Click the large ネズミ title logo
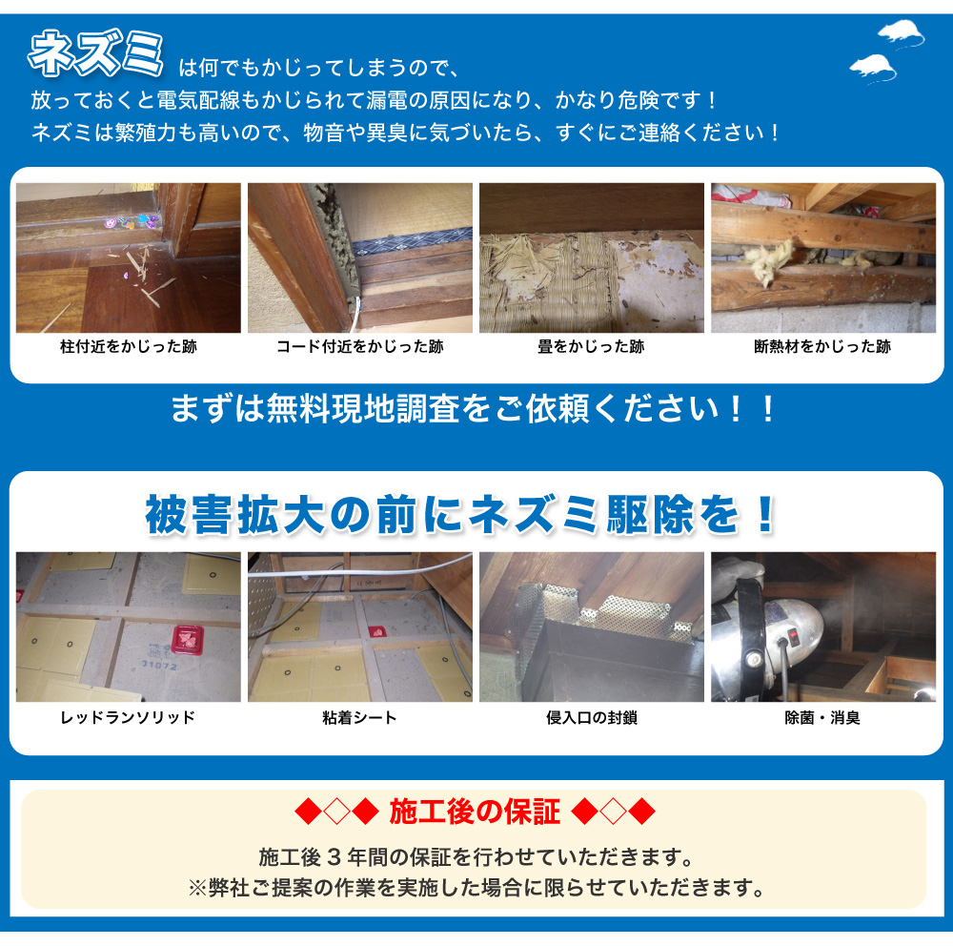[95, 53]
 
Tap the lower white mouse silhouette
[873, 68]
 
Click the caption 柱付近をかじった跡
[129, 347]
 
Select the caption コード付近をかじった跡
[360, 347]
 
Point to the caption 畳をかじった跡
[592, 347]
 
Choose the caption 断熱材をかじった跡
[822, 347]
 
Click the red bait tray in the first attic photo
[188, 639]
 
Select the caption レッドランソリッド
[129, 718]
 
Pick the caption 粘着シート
[360, 718]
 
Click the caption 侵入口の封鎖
[592, 718]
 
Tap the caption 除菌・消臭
[822, 718]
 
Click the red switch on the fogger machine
[793, 638]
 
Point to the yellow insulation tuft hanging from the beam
[766, 261]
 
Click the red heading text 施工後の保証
[475, 812]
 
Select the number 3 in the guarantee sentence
[333, 857]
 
